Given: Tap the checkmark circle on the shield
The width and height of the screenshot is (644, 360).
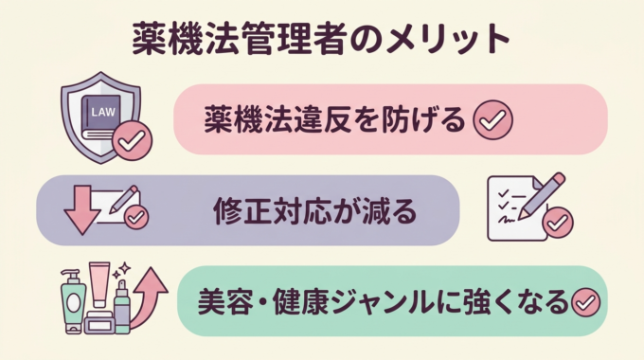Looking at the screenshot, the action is pos(132,142).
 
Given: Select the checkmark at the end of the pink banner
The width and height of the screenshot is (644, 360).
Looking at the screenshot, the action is pos(492,119).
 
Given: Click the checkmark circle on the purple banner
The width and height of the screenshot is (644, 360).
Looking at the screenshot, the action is pos(136,218).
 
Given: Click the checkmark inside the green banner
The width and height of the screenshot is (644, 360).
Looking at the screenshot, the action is pos(585,303).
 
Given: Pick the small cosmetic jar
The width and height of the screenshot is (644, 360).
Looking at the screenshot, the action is pos(98,323).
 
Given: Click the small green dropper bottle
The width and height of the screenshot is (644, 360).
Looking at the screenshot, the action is pos(121,306).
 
